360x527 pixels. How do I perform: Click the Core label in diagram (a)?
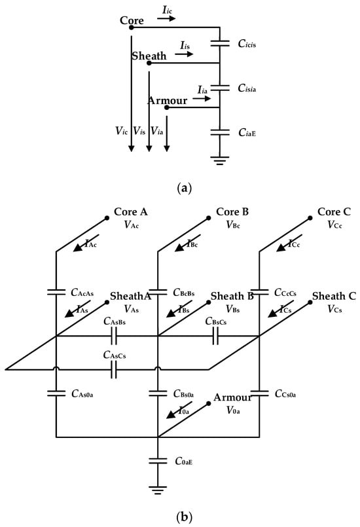(x=132, y=21)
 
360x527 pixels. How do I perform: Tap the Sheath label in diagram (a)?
(x=149, y=57)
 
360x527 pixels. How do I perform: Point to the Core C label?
(x=333, y=213)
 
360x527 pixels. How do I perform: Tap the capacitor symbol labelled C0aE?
(x=158, y=461)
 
